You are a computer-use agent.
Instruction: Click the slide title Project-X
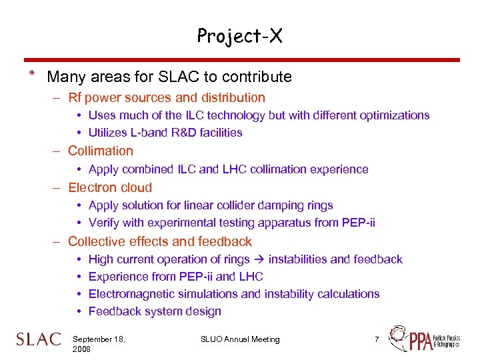click(239, 36)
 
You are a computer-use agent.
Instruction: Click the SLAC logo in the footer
click(38, 340)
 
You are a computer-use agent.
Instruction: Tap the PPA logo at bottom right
click(423, 339)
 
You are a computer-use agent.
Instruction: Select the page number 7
click(377, 339)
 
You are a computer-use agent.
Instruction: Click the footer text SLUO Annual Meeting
click(240, 339)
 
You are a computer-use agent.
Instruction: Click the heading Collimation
click(101, 151)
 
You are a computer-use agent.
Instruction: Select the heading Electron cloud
click(110, 188)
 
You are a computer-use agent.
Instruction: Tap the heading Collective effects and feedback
click(160, 242)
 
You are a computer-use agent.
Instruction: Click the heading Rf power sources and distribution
click(167, 98)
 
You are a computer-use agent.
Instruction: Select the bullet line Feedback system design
click(155, 311)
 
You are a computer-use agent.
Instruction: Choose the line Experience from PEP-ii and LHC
click(175, 277)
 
